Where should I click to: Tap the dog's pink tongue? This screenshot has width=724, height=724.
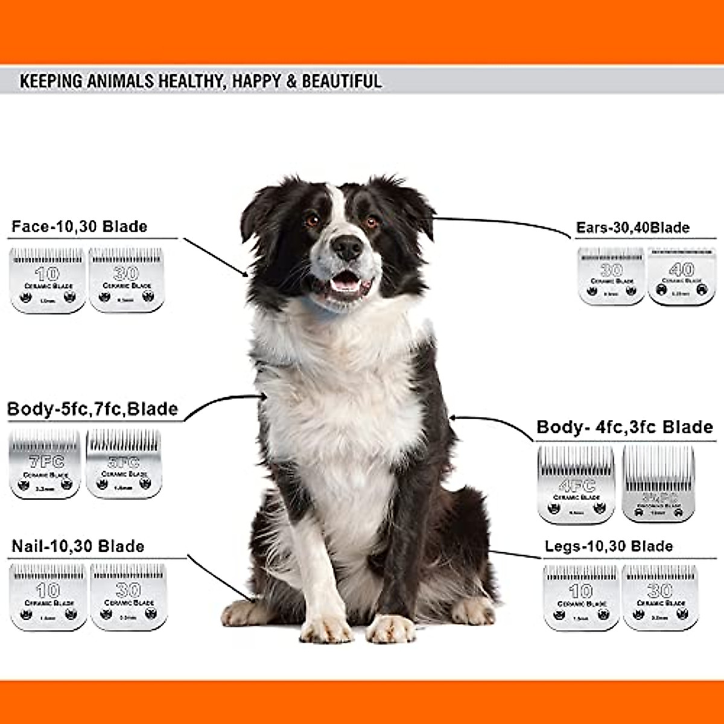[344, 279]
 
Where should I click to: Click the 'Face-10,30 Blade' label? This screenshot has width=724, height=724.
[79, 227]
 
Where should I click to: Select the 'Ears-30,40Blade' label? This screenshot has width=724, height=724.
[632, 227]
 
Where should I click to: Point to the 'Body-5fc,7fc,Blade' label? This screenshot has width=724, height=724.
[92, 409]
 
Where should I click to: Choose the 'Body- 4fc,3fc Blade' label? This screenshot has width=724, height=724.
[624, 427]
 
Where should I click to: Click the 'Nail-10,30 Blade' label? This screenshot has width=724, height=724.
[78, 547]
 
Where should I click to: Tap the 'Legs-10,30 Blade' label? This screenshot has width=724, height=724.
[608, 547]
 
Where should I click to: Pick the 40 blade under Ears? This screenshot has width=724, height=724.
[681, 276]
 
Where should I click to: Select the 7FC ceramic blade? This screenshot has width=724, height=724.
[45, 464]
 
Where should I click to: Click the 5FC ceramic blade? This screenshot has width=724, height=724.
[123, 463]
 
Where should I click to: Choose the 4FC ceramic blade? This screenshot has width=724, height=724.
[576, 484]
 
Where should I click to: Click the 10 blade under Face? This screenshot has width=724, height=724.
[48, 280]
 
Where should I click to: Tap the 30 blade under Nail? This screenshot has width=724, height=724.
[128, 597]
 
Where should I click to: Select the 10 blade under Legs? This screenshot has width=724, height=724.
[580, 597]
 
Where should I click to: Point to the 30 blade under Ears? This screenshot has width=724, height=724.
[611, 276]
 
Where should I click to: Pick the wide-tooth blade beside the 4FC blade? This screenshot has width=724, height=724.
[658, 484]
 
